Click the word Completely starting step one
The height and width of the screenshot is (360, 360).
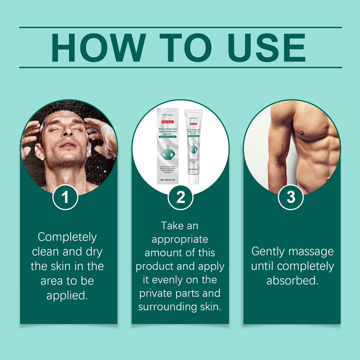pyautogui.click(x=67, y=237)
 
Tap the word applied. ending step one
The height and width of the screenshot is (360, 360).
pyautogui.click(x=67, y=295)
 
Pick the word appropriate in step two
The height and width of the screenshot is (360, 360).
pyautogui.click(x=180, y=239)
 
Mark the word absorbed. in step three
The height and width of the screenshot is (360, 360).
pyautogui.click(x=292, y=281)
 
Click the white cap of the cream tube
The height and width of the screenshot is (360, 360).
pyautogui.click(x=193, y=179)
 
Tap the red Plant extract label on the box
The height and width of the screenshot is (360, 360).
pyautogui.click(x=167, y=121)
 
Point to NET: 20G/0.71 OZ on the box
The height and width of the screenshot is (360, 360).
pyautogui.click(x=167, y=180)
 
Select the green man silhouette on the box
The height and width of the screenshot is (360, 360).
pyautogui.click(x=168, y=152)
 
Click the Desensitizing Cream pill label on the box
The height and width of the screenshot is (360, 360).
pyautogui.click(x=167, y=136)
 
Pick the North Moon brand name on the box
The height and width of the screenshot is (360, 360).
pyautogui.click(x=167, y=114)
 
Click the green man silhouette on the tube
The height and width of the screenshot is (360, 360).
pyautogui.click(x=193, y=148)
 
